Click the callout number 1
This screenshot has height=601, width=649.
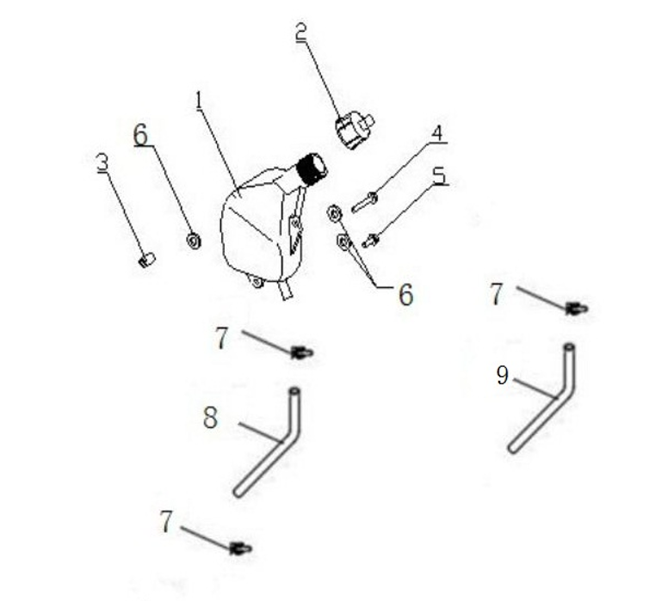[199, 101]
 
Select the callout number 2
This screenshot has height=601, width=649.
[301, 32]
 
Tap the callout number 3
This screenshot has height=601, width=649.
[102, 162]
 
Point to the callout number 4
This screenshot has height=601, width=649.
[437, 133]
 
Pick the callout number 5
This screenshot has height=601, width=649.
[440, 175]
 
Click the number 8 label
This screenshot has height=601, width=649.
[210, 417]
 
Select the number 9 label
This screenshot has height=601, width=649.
[502, 376]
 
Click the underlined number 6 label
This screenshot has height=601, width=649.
[140, 135]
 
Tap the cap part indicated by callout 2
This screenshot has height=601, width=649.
[354, 130]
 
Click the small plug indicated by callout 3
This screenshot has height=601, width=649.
[146, 260]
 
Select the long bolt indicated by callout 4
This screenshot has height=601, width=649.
[364, 203]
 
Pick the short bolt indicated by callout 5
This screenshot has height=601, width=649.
[371, 240]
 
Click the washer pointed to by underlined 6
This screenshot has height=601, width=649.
[194, 241]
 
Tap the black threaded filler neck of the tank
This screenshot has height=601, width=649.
[312, 169]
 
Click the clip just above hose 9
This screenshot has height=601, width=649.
[577, 309]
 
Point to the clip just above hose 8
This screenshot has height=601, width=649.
[302, 353]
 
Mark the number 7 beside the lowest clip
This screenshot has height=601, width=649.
[166, 521]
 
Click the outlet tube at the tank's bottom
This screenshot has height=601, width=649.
[287, 290]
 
